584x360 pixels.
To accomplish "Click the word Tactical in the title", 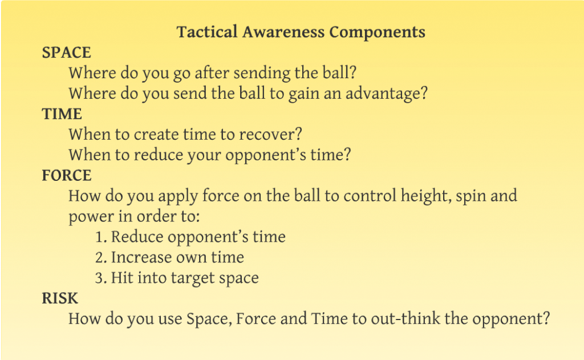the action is (x=207, y=32).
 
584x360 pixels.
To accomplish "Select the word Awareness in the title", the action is (x=283, y=32).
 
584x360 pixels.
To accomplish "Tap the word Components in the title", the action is (x=378, y=33).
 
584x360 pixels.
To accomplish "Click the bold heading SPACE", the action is (x=66, y=52).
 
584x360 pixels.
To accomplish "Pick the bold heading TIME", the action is (x=62, y=114).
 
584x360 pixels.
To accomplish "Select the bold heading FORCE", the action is (x=67, y=176).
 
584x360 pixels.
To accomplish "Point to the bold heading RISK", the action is (x=60, y=298).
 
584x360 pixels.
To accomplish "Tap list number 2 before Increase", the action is (x=101, y=257).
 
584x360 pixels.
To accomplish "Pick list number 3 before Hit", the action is (x=101, y=278).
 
